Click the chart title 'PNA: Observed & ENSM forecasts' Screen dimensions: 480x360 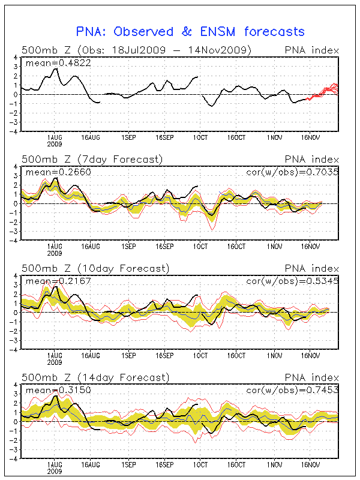(190, 32)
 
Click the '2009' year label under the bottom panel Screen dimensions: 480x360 (55, 472)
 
